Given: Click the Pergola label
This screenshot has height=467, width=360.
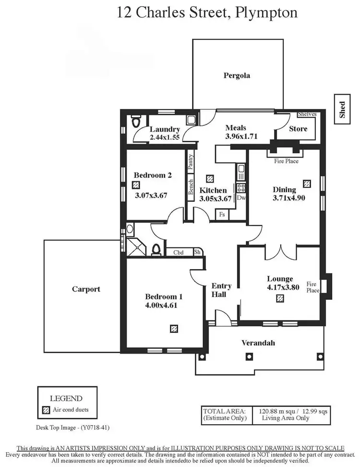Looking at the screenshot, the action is [x=237, y=75].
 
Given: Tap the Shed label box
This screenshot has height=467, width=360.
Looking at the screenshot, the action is [x=342, y=110].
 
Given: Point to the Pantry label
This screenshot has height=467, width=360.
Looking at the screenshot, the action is [x=191, y=162].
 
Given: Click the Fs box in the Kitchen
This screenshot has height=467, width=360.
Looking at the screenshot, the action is [x=222, y=214].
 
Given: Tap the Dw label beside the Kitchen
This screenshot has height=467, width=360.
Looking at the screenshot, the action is [x=241, y=197].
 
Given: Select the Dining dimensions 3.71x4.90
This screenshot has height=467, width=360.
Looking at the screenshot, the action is [x=289, y=197].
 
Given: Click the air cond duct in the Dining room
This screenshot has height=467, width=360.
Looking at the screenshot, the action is [x=307, y=183].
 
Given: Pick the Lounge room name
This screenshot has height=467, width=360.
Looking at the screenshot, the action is [x=280, y=279].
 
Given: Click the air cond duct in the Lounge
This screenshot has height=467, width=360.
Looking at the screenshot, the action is [x=280, y=299].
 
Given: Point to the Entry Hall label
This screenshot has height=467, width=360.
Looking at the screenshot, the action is [x=221, y=290].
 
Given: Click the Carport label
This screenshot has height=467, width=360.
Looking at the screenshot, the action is [x=86, y=289].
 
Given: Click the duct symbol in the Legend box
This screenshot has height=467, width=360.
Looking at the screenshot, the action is [x=47, y=410].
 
